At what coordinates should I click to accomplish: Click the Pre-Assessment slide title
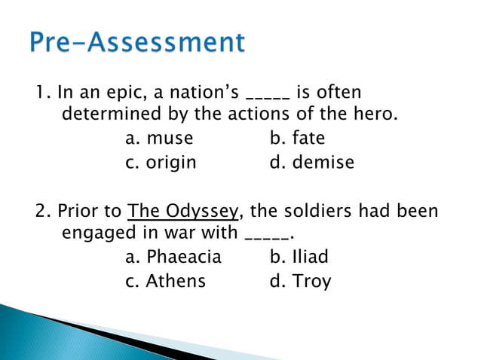pyautogui.click(x=138, y=43)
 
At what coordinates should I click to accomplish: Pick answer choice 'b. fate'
pyautogui.click(x=297, y=139)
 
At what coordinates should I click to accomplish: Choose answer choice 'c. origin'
pyautogui.click(x=161, y=163)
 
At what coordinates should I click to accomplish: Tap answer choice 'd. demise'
pyautogui.click(x=311, y=163)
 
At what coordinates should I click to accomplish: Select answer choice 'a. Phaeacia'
pyautogui.click(x=173, y=258)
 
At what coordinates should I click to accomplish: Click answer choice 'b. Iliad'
pyautogui.click(x=299, y=258)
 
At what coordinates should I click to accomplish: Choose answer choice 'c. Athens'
pyautogui.click(x=165, y=282)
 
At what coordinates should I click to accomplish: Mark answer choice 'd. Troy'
pyautogui.click(x=300, y=282)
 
